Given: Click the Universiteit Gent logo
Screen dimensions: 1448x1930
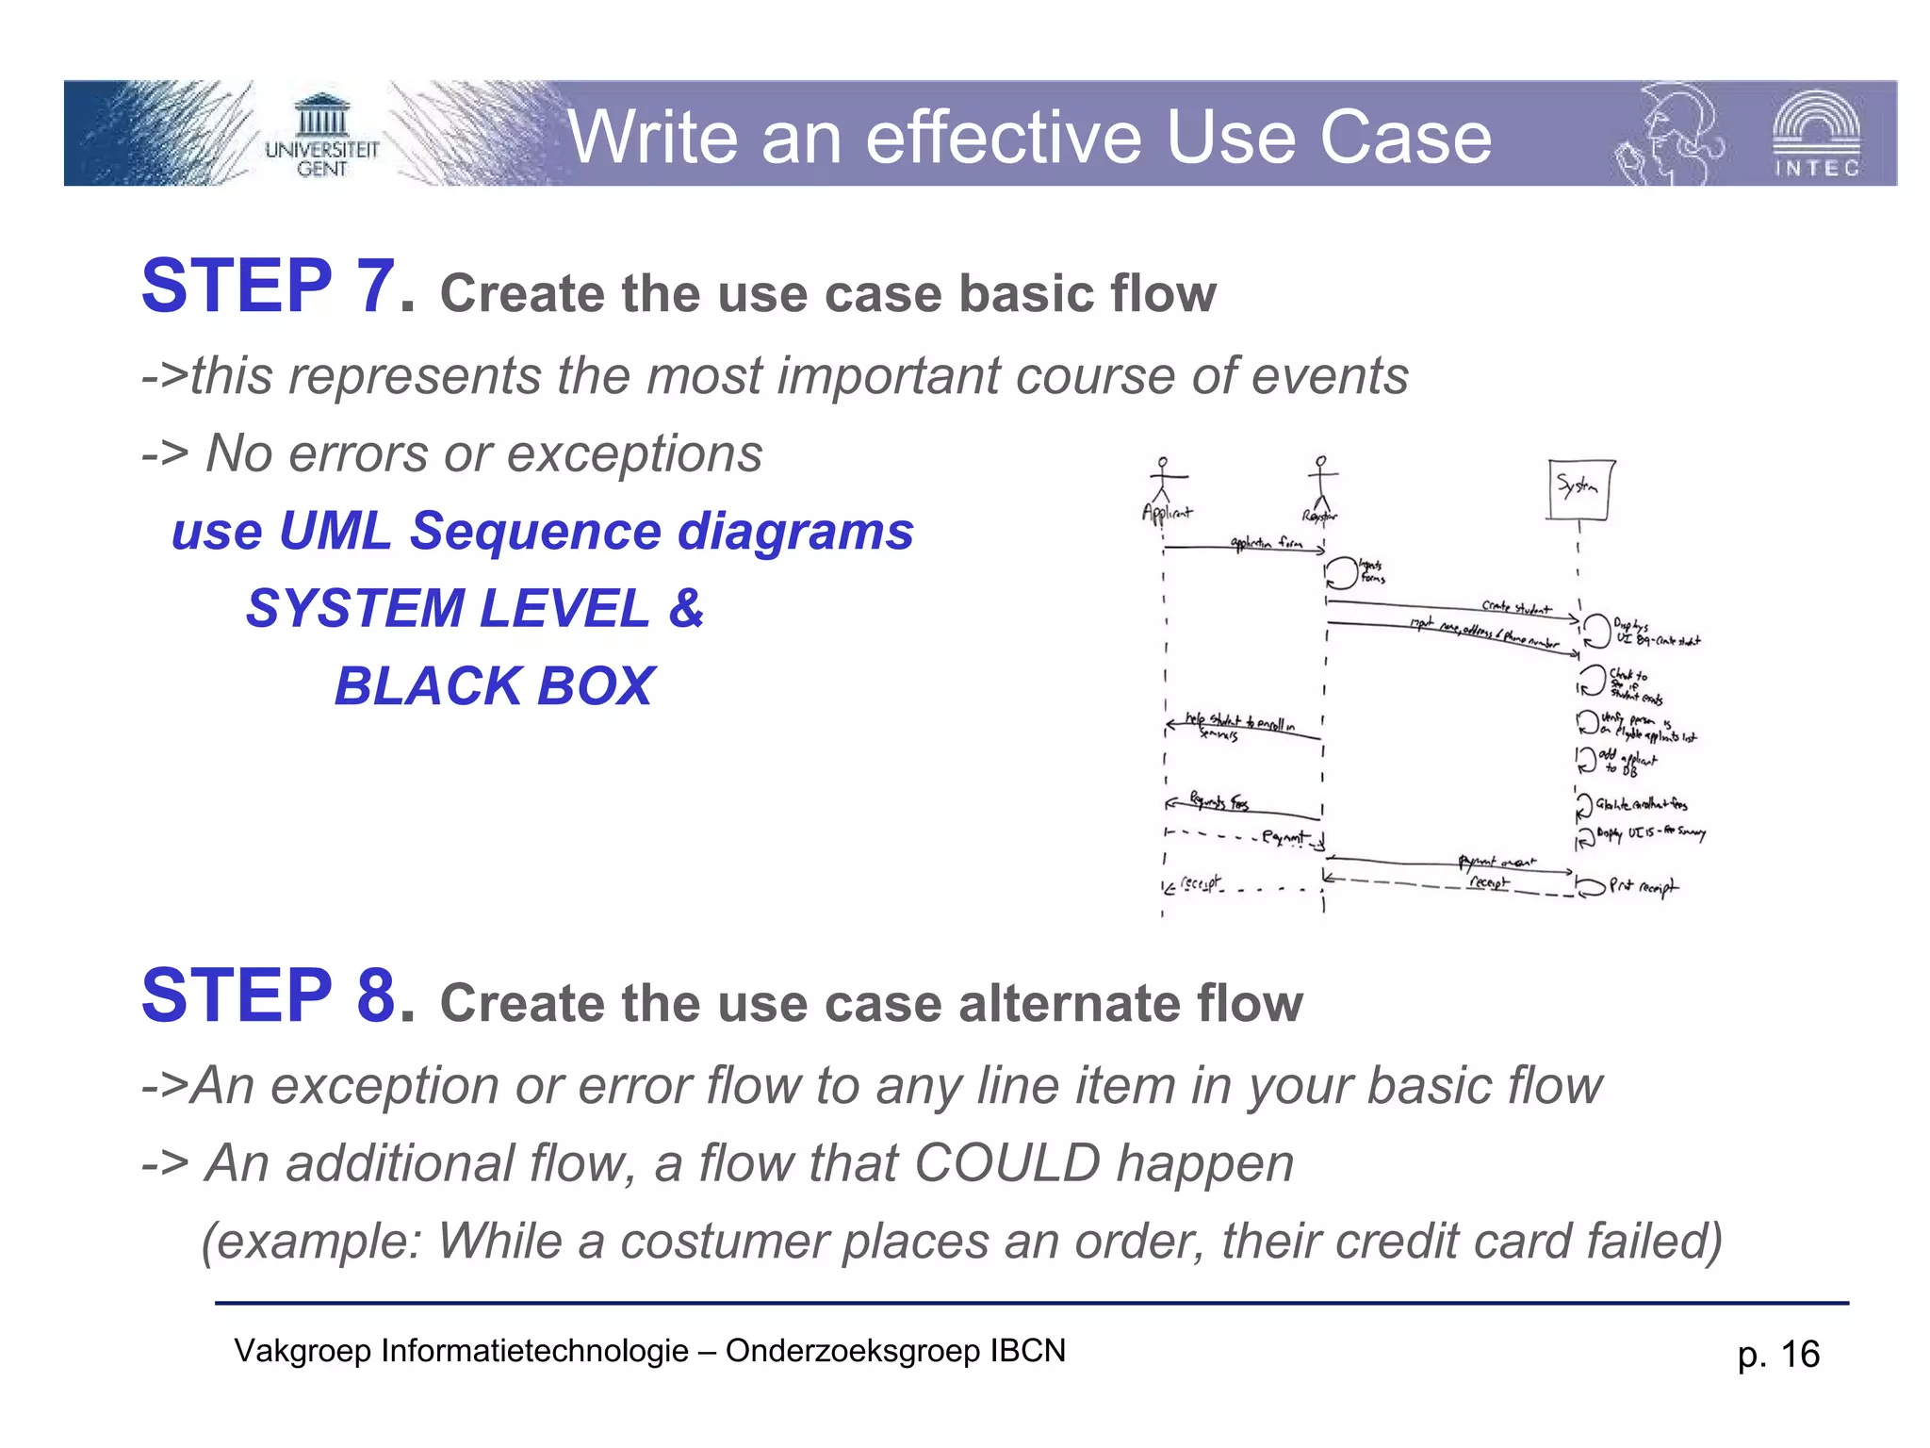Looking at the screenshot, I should tap(321, 136).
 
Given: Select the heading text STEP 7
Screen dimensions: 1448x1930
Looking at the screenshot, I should tap(277, 287).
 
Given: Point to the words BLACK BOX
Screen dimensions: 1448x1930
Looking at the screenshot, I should tap(494, 685).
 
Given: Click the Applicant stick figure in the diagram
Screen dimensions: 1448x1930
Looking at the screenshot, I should tap(1164, 480).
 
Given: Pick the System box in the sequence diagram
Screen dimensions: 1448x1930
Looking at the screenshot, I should tap(1579, 489).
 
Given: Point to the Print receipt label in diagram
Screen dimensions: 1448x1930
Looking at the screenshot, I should tap(1643, 886).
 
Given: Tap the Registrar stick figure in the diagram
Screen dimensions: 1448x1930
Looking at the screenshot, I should tap(1321, 480).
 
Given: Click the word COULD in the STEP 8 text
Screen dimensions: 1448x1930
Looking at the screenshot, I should tap(1006, 1163).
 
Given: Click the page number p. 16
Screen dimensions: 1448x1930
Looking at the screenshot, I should tap(1777, 1355).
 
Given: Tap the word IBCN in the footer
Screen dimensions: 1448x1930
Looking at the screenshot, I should tap(1026, 1351).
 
